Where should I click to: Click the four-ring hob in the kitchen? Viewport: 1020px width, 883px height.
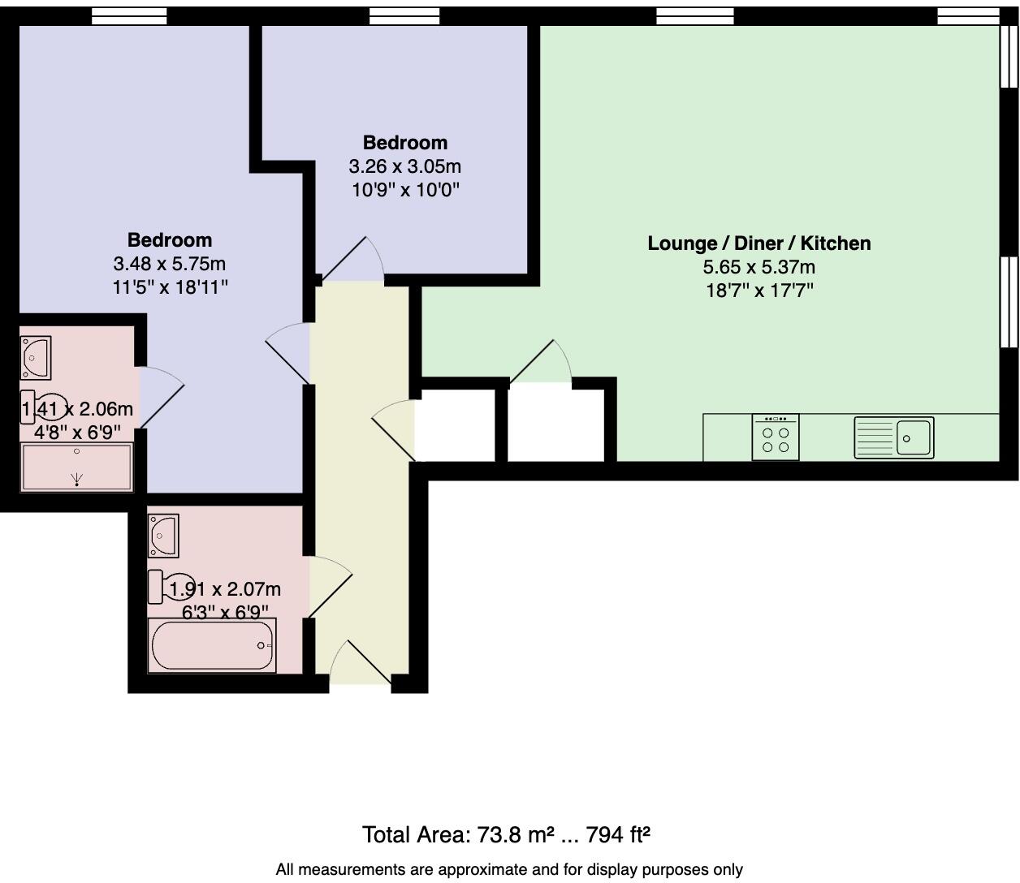(776, 437)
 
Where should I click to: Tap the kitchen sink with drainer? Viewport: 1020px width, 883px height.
(893, 437)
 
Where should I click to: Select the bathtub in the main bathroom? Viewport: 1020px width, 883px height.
(212, 645)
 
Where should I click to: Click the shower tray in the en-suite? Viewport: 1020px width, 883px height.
(76, 467)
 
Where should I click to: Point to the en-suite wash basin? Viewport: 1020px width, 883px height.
(35, 358)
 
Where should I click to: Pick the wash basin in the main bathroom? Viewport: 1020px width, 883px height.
(163, 536)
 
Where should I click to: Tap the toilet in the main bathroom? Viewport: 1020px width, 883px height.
(171, 586)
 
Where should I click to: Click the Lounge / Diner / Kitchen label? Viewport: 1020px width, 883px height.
(759, 243)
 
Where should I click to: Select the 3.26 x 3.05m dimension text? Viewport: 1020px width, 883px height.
(404, 166)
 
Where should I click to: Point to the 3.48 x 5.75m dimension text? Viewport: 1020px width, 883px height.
(169, 264)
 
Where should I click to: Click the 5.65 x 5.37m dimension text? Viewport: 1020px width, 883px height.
(759, 267)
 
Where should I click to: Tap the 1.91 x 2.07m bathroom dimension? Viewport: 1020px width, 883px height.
(225, 589)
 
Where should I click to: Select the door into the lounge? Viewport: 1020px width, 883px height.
(540, 361)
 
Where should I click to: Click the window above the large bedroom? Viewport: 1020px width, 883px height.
(129, 16)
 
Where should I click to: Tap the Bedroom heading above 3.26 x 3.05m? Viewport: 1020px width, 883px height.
(404, 143)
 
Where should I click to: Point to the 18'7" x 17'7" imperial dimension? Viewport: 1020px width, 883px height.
(759, 291)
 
